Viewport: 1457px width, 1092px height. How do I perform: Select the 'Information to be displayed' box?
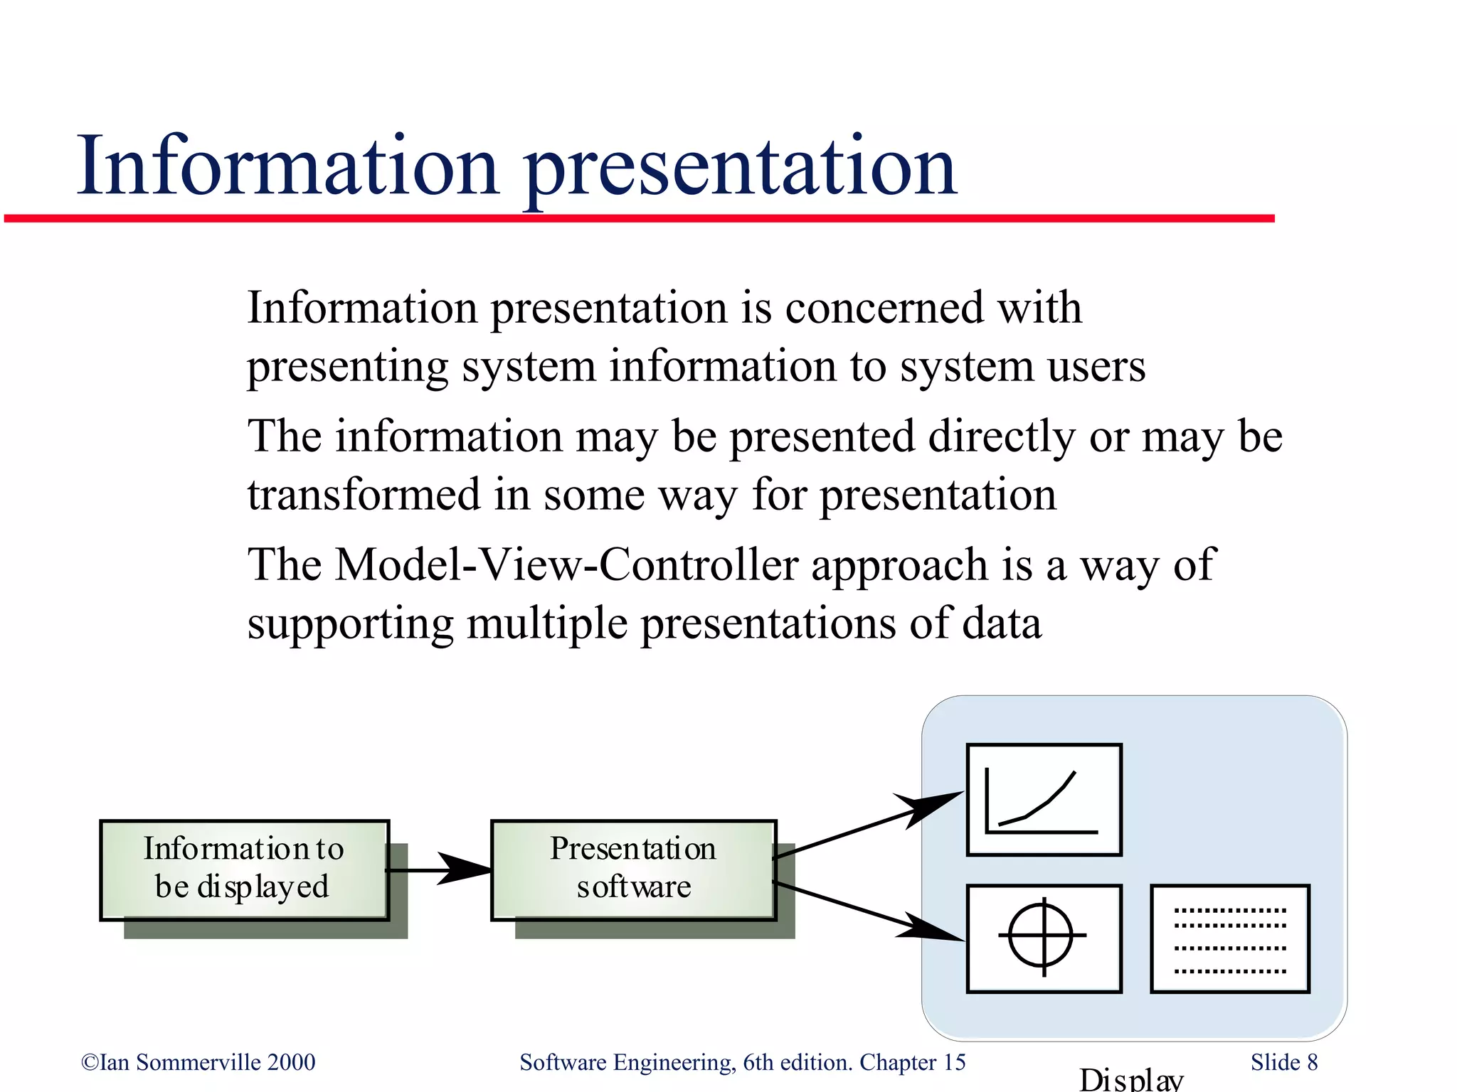pyautogui.click(x=244, y=869)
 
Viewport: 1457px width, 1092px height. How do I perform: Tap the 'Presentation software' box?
pyautogui.click(x=633, y=869)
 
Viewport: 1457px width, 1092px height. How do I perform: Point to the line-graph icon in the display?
pyautogui.click(x=1044, y=800)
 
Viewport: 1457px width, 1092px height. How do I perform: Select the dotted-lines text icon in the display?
pyautogui.click(x=1230, y=938)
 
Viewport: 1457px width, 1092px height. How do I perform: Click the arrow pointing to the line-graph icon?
pyautogui.click(x=868, y=825)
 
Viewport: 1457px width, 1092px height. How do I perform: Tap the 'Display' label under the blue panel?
pyautogui.click(x=1131, y=1079)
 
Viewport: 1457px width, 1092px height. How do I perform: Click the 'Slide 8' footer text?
pyautogui.click(x=1284, y=1062)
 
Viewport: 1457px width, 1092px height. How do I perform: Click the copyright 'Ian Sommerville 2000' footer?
pyautogui.click(x=198, y=1062)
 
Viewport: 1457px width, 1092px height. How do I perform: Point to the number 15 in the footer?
pyautogui.click(x=954, y=1062)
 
